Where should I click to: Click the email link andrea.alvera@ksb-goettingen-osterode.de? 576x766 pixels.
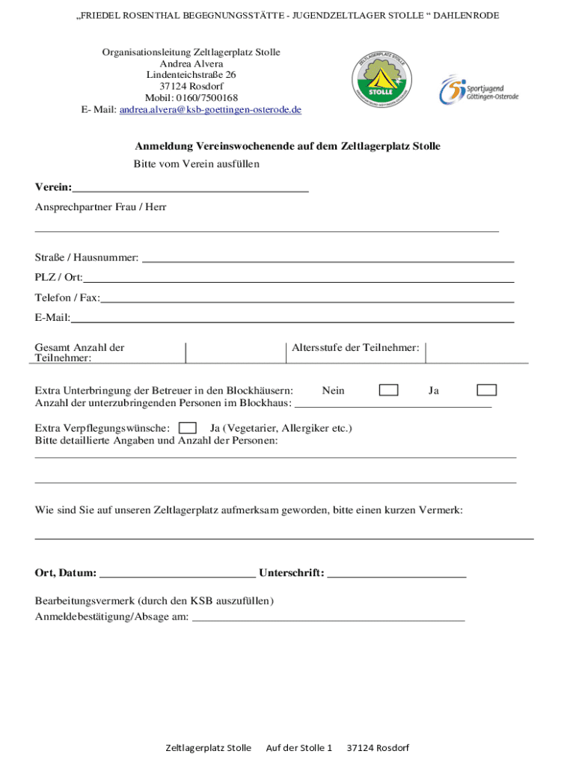210,109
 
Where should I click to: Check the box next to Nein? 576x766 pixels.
388,390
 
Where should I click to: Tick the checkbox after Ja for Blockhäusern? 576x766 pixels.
487,390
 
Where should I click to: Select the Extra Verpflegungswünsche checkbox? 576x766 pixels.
189,428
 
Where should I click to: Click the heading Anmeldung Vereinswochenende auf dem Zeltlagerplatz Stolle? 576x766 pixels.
287,146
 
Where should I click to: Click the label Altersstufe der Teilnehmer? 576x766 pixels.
355,347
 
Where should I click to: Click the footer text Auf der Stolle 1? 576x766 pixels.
298,747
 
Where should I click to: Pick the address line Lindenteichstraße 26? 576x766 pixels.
192,75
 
